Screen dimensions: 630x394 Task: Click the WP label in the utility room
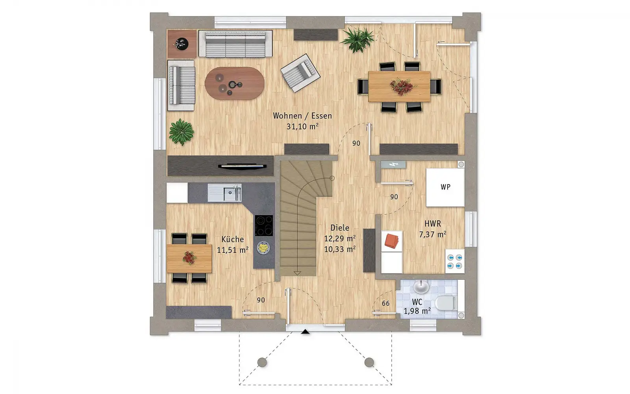tap(445, 187)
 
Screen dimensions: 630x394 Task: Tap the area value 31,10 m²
tap(302, 126)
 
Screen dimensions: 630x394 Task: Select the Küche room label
tap(233, 239)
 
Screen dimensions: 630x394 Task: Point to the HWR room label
tap(433, 224)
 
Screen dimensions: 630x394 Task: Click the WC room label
tap(417, 302)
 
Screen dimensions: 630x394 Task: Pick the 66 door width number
tap(385, 303)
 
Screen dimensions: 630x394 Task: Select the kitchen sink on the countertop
tap(224, 193)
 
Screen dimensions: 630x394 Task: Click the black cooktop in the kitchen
tap(264, 225)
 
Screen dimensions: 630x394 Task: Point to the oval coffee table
tap(234, 83)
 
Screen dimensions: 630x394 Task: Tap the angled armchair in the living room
tap(300, 73)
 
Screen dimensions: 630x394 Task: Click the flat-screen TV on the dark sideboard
tap(242, 166)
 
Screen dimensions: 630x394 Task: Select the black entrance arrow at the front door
tap(306, 332)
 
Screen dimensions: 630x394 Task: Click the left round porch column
tap(262, 362)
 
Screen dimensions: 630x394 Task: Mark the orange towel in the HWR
tap(391, 241)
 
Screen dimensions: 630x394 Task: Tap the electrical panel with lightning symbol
tap(393, 164)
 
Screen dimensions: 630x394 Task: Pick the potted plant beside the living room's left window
tap(181, 132)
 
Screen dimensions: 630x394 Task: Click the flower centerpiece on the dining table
tap(402, 86)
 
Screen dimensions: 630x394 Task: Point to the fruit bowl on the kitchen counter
tap(263, 248)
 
